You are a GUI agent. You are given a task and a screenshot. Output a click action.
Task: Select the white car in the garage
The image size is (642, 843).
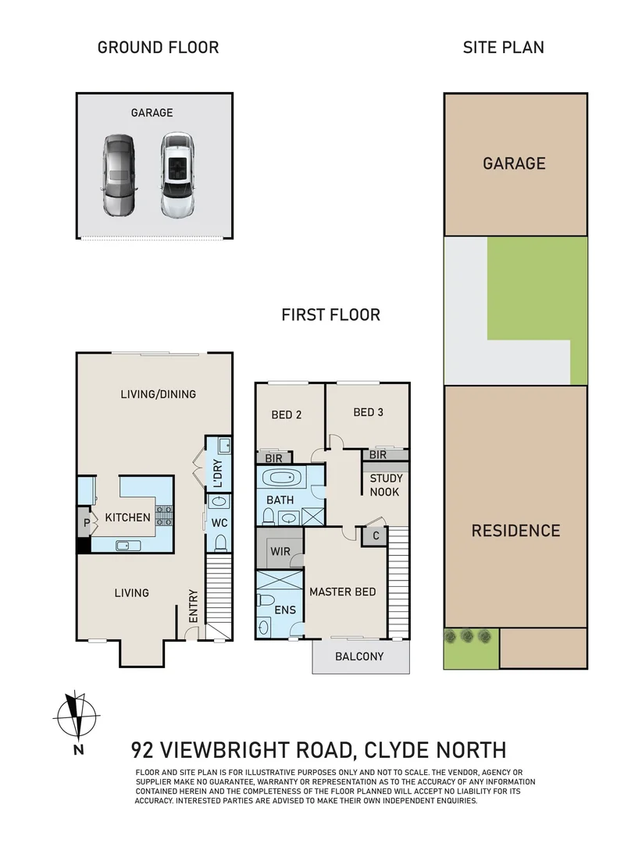click(177, 175)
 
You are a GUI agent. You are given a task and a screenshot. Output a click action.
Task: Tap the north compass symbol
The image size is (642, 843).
click(77, 716)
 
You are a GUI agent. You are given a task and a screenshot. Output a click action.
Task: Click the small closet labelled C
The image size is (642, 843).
click(375, 535)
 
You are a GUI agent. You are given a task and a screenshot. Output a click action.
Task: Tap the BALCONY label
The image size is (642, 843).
click(359, 656)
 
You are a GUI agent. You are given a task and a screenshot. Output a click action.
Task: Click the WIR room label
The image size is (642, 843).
click(280, 552)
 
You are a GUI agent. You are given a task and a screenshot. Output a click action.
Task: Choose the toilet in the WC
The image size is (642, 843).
click(219, 542)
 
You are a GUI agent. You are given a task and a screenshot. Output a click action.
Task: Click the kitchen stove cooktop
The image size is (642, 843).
click(165, 516)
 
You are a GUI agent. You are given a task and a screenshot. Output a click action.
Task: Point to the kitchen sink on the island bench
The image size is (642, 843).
click(125, 545)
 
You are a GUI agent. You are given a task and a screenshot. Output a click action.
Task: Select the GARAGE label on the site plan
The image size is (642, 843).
click(514, 164)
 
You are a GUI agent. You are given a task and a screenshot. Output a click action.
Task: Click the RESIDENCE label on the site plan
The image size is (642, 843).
click(515, 531)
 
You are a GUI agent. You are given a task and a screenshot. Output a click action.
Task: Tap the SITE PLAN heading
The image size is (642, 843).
click(503, 47)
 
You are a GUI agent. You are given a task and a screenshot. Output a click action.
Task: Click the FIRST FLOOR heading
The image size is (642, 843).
click(330, 315)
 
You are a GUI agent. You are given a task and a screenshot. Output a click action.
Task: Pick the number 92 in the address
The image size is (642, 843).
click(144, 751)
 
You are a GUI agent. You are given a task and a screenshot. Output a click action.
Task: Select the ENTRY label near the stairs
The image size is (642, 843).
click(193, 606)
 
